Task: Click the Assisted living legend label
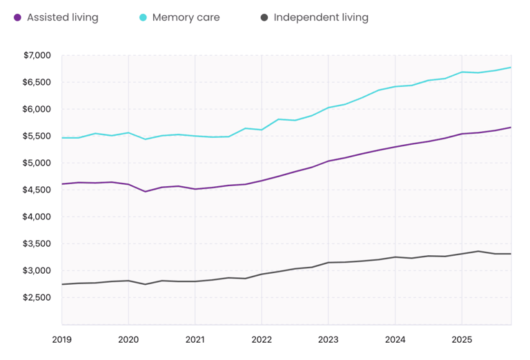(x=62, y=17)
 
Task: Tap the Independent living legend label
(x=321, y=17)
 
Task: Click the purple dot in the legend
(x=17, y=17)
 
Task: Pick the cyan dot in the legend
(x=142, y=17)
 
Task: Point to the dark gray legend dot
(x=264, y=17)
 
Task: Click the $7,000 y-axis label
(x=37, y=55)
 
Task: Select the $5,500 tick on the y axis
(x=37, y=136)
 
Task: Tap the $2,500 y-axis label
(x=37, y=297)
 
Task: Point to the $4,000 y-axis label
(x=37, y=217)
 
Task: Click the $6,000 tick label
(x=37, y=109)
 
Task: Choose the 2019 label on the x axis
(x=62, y=339)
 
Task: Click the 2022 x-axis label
(x=262, y=339)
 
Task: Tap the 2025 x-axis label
(x=462, y=339)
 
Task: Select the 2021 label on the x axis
(x=195, y=339)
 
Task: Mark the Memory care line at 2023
(x=328, y=108)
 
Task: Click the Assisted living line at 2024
(x=395, y=147)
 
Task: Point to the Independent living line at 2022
(x=262, y=274)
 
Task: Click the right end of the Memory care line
(x=511, y=67)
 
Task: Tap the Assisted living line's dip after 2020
(x=145, y=191)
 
